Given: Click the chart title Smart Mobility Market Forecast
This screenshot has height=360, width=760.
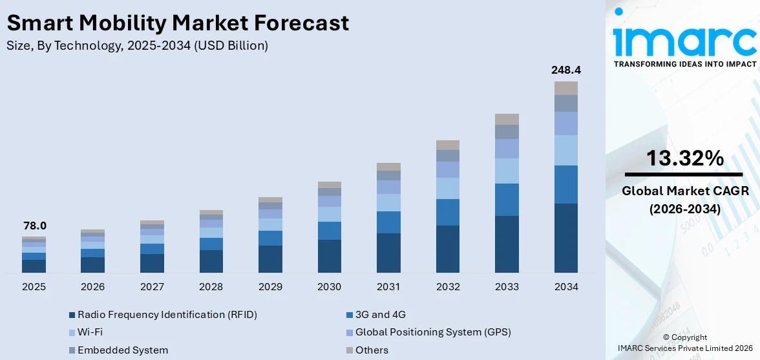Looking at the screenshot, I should pyautogui.click(x=178, y=23).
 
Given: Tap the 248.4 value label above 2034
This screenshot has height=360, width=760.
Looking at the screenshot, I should pyautogui.click(x=565, y=70).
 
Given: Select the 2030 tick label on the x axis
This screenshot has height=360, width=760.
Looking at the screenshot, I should pyautogui.click(x=330, y=286).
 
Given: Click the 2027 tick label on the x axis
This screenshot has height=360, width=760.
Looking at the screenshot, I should pyautogui.click(x=152, y=286).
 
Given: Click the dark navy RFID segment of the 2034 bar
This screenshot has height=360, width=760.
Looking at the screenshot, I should pyautogui.click(x=565, y=238).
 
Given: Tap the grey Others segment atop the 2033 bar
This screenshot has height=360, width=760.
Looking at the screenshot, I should pyautogui.click(x=507, y=119).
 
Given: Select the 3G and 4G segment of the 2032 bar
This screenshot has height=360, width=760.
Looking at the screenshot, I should pyautogui.click(x=448, y=212).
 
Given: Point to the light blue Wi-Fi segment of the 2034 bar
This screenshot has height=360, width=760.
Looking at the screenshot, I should pyautogui.click(x=565, y=150).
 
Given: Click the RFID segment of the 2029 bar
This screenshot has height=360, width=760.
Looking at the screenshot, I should pyautogui.click(x=270, y=259).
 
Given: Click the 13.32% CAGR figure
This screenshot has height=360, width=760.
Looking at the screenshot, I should pyautogui.click(x=684, y=158).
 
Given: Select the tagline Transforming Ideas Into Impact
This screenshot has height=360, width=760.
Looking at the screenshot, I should pyautogui.click(x=684, y=64).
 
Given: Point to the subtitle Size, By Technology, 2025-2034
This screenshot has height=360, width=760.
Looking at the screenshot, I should pyautogui.click(x=137, y=46).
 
